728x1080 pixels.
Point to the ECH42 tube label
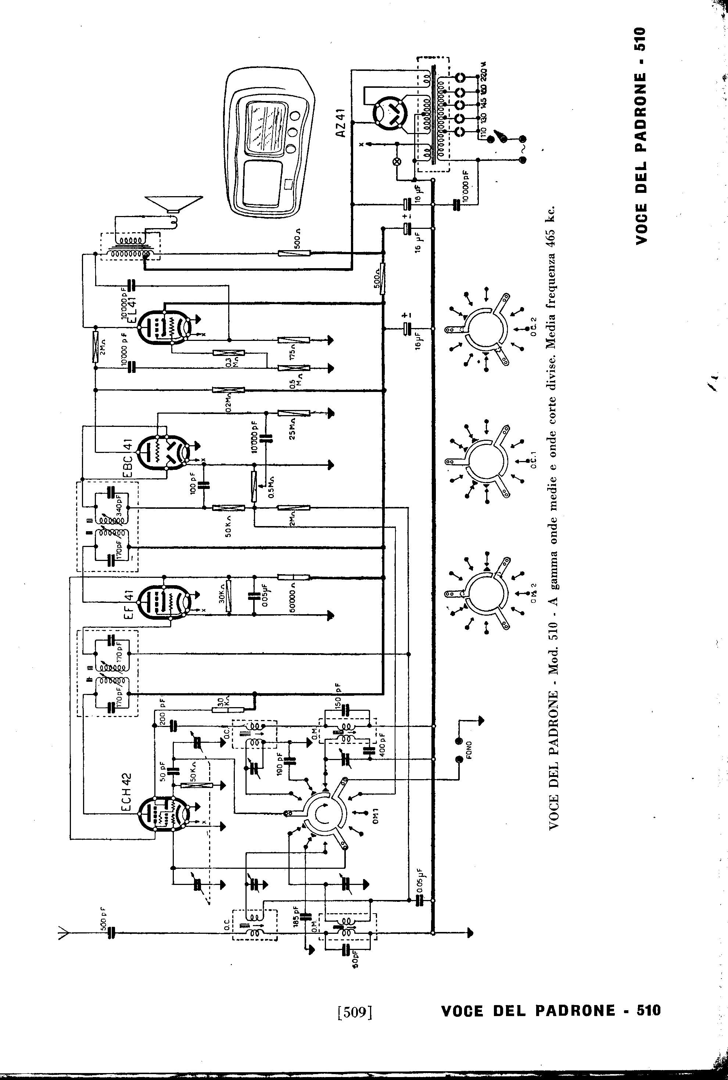pos(127,793)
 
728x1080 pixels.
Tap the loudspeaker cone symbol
pos(174,203)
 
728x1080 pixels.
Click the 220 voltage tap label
pos(484,72)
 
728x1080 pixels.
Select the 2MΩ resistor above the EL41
pos(95,347)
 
